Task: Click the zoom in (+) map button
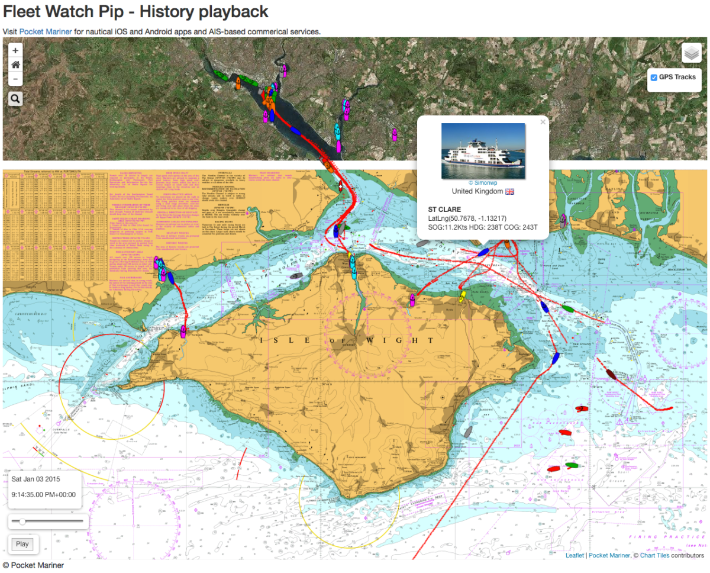click(x=15, y=50)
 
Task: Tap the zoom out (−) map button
click(x=15, y=79)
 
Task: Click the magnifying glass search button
click(x=15, y=98)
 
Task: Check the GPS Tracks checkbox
click(x=654, y=78)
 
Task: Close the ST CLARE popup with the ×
click(x=543, y=123)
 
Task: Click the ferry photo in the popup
click(x=483, y=151)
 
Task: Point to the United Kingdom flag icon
click(x=509, y=192)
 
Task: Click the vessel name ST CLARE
click(x=444, y=210)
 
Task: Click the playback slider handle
click(x=22, y=521)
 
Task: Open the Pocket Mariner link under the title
click(x=46, y=31)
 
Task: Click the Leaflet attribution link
click(x=575, y=556)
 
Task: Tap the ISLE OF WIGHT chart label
click(x=347, y=340)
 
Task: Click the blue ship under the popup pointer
click(x=483, y=252)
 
